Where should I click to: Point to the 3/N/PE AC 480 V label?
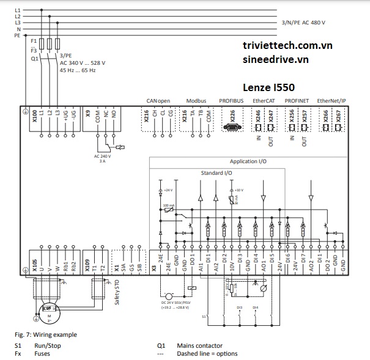(x=303, y=23)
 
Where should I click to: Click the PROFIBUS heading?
(x=231, y=100)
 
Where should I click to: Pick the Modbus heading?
(x=196, y=100)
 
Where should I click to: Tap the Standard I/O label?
(x=216, y=173)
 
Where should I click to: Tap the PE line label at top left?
(x=17, y=35)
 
